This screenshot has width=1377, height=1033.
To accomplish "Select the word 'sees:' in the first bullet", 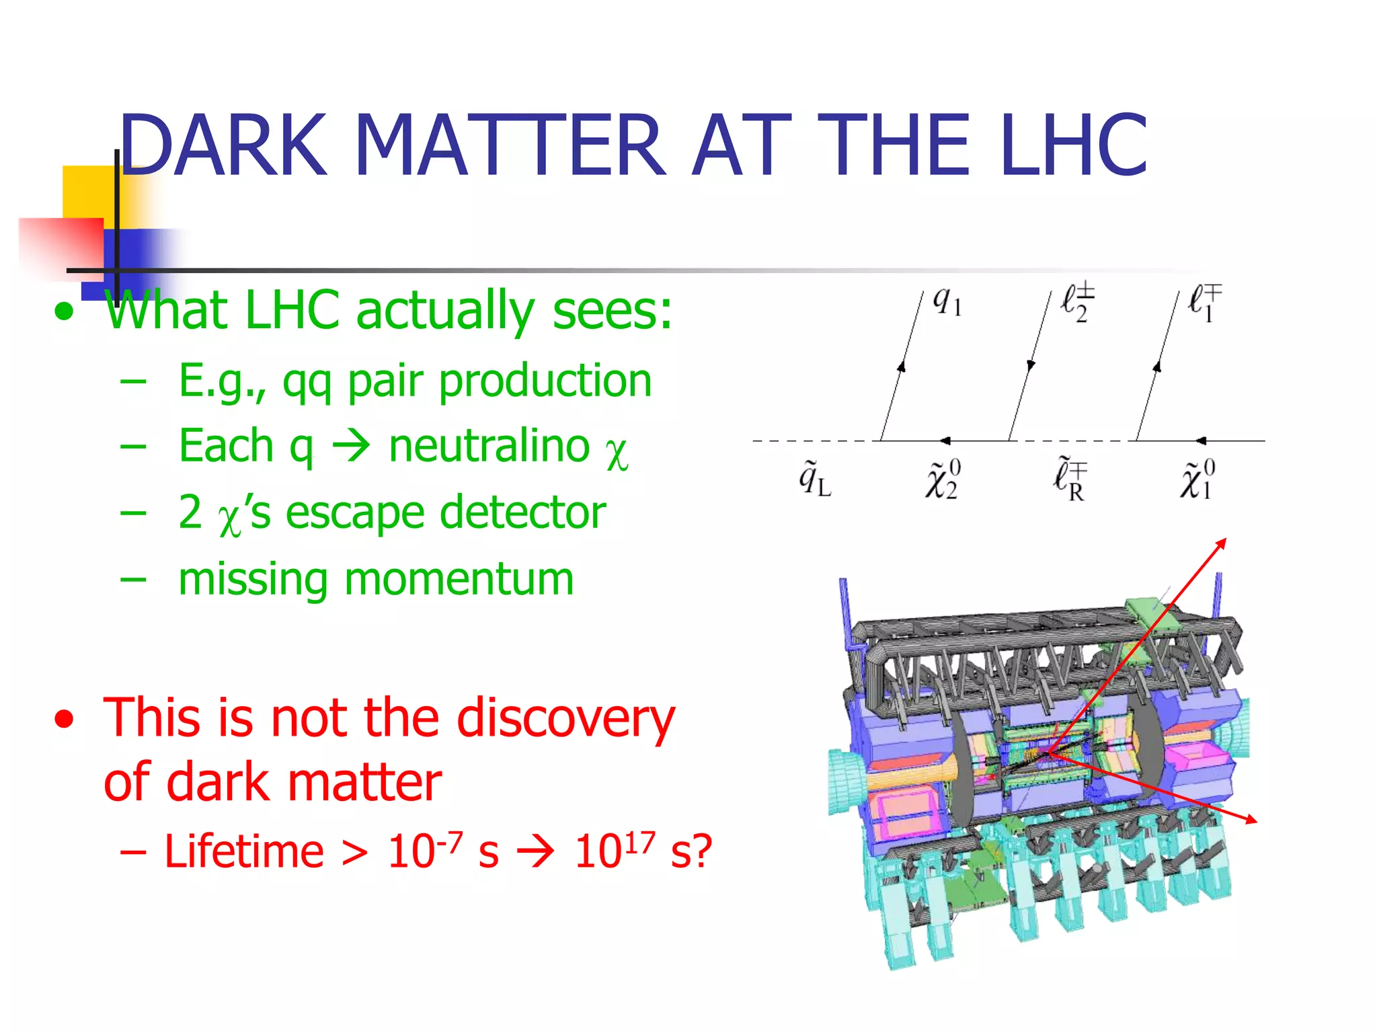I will pyautogui.click(x=611, y=311).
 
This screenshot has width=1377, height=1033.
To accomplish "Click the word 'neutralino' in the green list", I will pyautogui.click(x=489, y=447).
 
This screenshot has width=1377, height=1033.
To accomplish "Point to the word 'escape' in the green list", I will pyautogui.click(x=354, y=512).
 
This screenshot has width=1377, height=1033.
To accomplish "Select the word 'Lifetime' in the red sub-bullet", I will pyautogui.click(x=244, y=851).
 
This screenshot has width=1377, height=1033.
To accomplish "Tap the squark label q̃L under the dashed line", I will pyautogui.click(x=814, y=480).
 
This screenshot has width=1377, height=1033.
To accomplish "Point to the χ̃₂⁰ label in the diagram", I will pyautogui.click(x=943, y=480).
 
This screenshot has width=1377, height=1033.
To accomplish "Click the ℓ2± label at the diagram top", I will pyautogui.click(x=1077, y=302).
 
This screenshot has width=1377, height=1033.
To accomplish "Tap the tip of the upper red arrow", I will pyautogui.click(x=1226, y=539).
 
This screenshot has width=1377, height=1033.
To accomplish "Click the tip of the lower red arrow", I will pyautogui.click(x=1256, y=822).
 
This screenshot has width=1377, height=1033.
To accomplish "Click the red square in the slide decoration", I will pyautogui.click(x=61, y=247).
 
